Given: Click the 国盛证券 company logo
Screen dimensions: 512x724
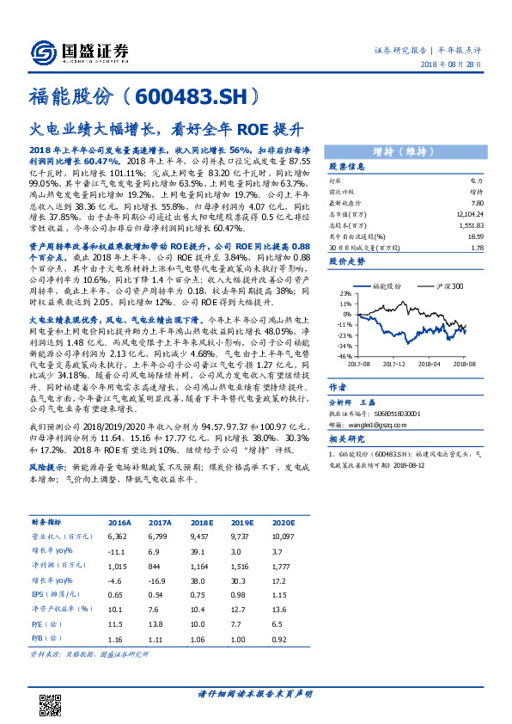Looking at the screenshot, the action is [x=75, y=52].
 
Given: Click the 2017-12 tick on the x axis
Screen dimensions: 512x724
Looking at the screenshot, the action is [x=394, y=363].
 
